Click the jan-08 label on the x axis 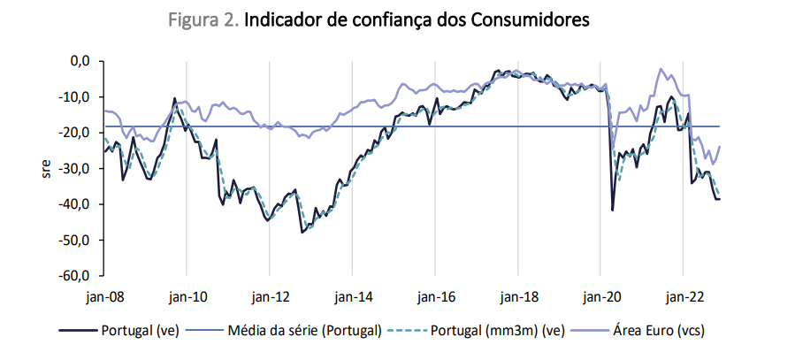coord(106,296)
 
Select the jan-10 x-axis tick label coord(187,296)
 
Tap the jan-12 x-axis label coord(270,296)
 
